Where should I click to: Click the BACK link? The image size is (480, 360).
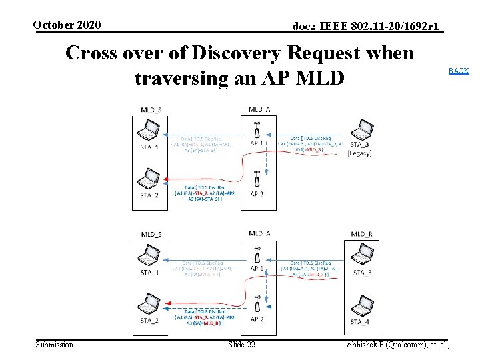[x=458, y=71]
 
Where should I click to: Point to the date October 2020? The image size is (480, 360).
[x=67, y=25]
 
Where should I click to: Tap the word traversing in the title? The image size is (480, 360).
[x=181, y=78]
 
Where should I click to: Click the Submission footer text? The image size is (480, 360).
[x=54, y=344]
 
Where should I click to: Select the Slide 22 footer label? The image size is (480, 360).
[x=241, y=344]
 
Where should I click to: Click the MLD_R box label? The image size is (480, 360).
[x=361, y=233]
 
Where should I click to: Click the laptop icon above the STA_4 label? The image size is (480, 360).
[x=362, y=305]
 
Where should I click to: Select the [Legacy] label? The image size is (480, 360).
[x=360, y=153]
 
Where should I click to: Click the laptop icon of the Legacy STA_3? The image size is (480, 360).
[x=362, y=129]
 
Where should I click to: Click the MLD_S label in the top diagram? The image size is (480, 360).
[x=151, y=109]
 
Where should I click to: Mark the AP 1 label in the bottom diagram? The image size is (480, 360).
[x=257, y=268]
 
